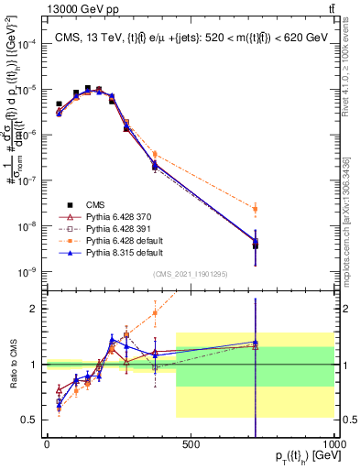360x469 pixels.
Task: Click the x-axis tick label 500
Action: [x=191, y=444]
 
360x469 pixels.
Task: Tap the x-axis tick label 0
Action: [x=46, y=444]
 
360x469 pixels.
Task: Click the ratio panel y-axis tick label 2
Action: [x=36, y=309]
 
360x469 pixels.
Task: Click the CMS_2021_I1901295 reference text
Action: [x=190, y=275]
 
